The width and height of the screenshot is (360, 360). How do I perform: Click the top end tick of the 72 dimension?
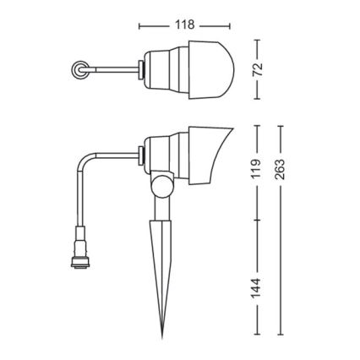(x=259, y=38)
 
